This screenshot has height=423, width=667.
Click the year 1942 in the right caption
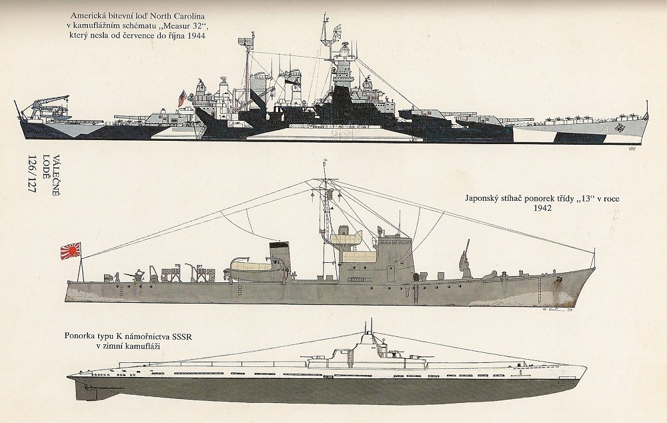544,208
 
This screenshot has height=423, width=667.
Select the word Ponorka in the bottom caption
82,336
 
